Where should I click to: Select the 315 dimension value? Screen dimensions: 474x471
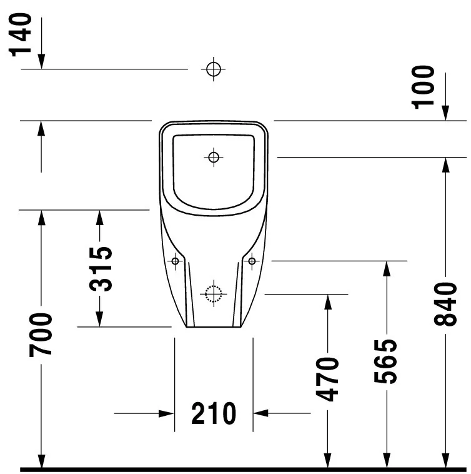pos(100,269)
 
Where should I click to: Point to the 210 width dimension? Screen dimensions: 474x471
pos(214,413)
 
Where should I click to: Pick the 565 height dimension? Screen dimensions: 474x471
pos(387,361)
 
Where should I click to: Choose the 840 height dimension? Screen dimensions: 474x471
pos(445,304)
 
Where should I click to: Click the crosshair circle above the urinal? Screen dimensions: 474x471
pos(214,69)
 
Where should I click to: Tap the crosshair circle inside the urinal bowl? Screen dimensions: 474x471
pos(214,157)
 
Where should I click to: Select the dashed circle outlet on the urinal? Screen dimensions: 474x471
pos(214,293)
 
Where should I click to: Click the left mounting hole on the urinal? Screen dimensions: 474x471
pos(176,260)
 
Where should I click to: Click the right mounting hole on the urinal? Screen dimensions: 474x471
pos(252,260)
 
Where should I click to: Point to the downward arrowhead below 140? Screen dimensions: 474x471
pos(41,61)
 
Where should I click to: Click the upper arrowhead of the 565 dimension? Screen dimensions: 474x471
pos(387,268)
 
